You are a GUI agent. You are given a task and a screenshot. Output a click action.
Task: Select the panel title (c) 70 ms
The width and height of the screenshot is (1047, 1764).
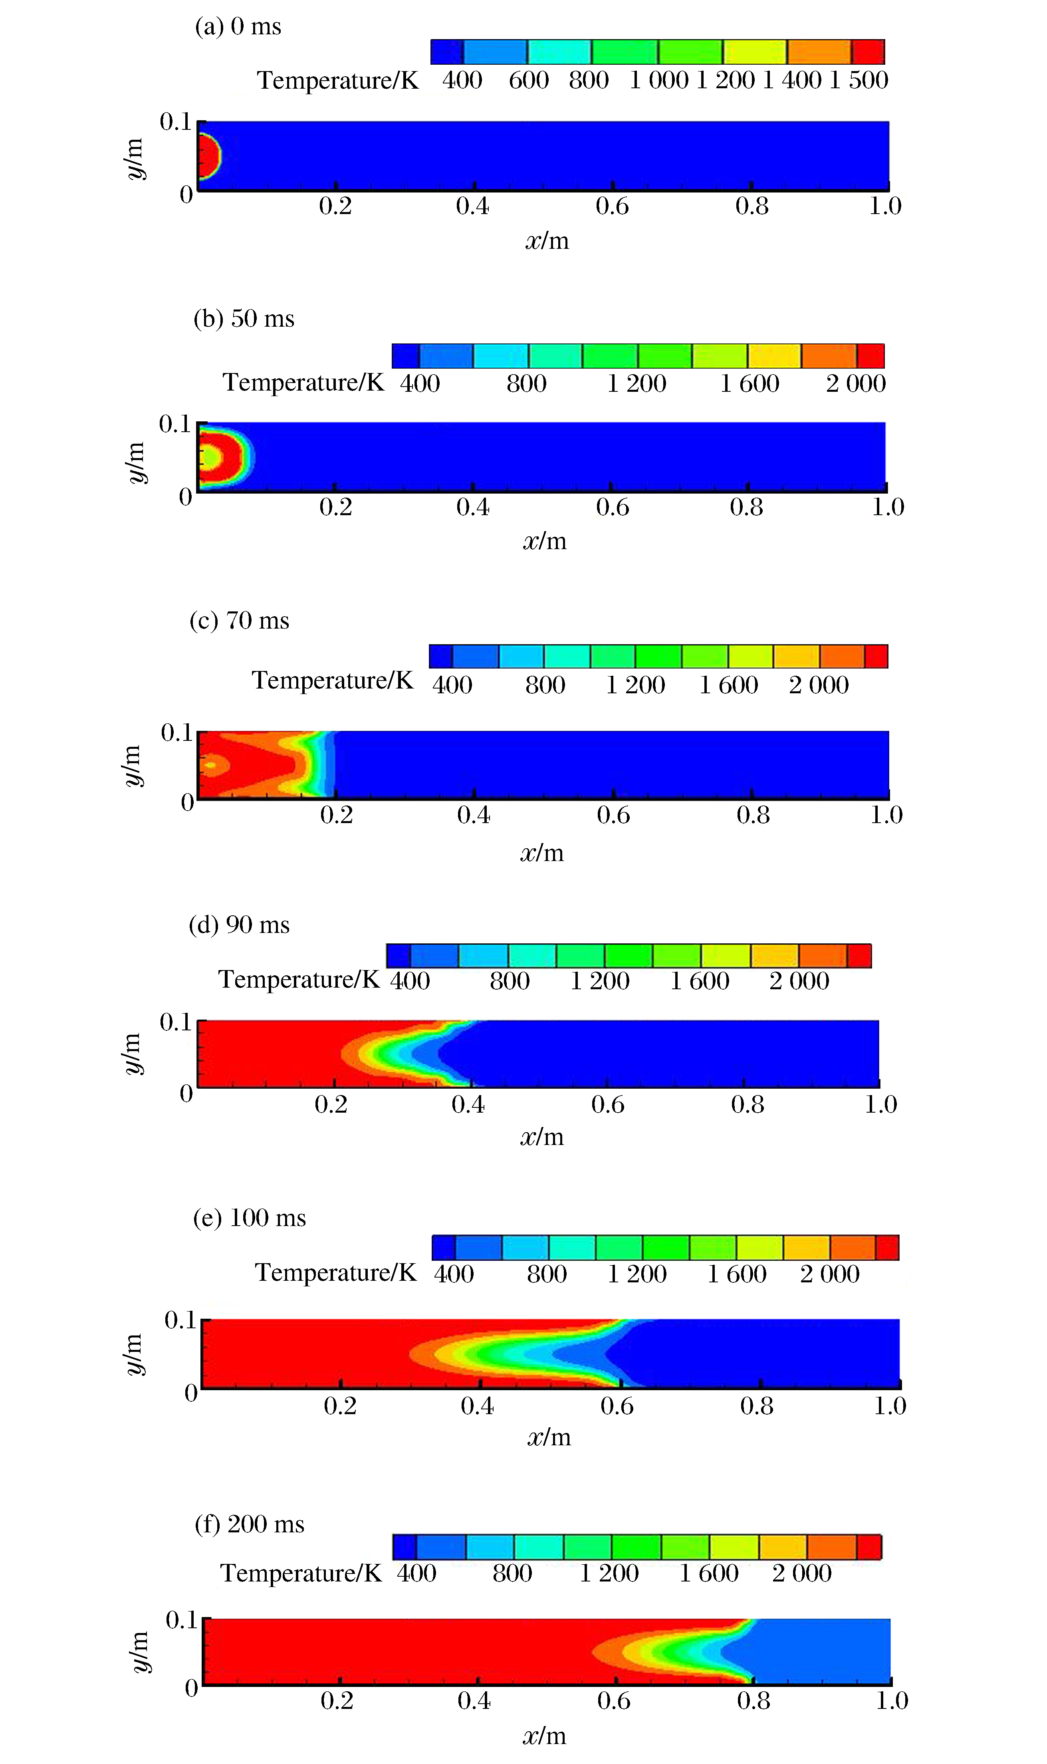point(239,621)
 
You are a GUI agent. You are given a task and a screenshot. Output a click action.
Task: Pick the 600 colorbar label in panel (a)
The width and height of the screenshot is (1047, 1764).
point(528,80)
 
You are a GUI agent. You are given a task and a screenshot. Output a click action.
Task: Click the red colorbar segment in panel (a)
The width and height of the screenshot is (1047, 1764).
point(868,52)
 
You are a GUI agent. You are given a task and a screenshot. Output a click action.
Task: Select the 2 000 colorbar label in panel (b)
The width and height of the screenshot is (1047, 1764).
point(855,384)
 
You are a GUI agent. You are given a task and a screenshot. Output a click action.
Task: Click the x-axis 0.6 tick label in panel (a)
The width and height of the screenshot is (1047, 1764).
point(612,206)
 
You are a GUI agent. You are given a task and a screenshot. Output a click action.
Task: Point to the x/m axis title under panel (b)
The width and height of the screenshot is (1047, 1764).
point(545,541)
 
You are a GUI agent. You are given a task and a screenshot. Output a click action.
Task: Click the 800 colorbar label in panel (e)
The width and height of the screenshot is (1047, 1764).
point(547,1274)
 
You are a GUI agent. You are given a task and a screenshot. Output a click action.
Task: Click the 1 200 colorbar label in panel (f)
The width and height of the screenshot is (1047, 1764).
point(609,1574)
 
